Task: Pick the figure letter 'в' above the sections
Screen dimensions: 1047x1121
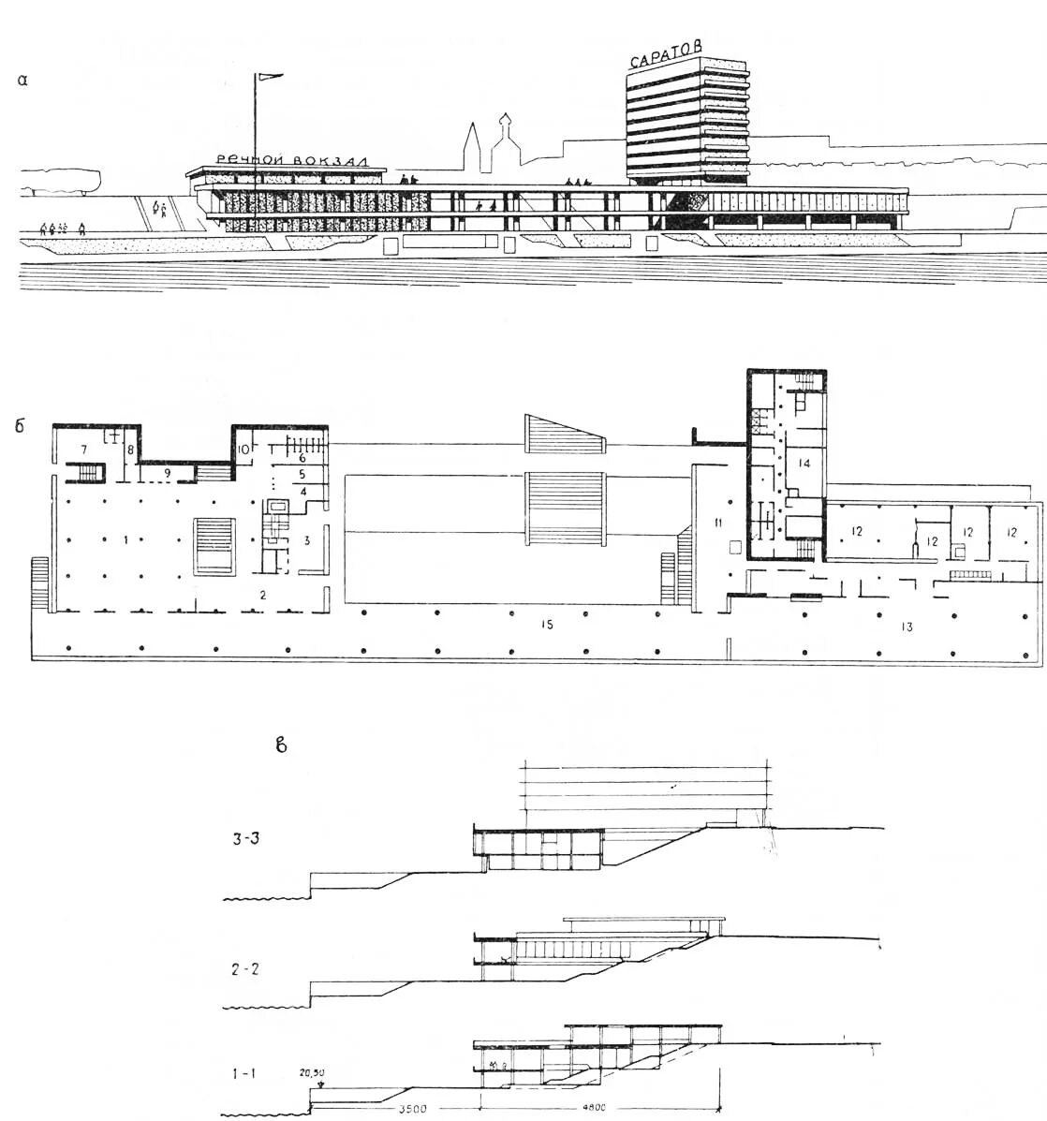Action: (x=279, y=745)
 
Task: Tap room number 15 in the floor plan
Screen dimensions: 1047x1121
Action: (x=547, y=621)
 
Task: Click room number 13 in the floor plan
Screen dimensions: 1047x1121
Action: (x=906, y=626)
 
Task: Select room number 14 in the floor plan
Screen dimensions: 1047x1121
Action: (x=804, y=463)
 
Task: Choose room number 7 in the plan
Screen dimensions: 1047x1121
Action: (x=71, y=436)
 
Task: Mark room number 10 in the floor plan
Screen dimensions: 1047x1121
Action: (x=243, y=450)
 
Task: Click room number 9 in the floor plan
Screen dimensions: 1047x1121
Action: (x=167, y=473)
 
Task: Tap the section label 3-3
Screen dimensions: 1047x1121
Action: (x=246, y=839)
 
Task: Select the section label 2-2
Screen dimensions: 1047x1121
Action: (x=246, y=970)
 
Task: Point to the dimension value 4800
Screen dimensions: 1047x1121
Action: (x=592, y=1108)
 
